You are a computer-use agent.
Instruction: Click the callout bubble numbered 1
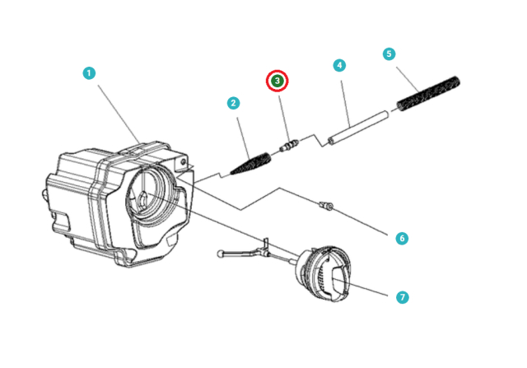pos(88,73)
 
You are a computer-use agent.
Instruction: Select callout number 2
pos(234,103)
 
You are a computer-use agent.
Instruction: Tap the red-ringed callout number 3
pos(277,81)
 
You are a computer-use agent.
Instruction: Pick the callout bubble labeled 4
pos(338,65)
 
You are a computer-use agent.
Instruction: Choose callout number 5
pos(389,54)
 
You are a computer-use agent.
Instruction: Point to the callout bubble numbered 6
pos(402,238)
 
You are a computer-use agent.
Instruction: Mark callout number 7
pos(402,297)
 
